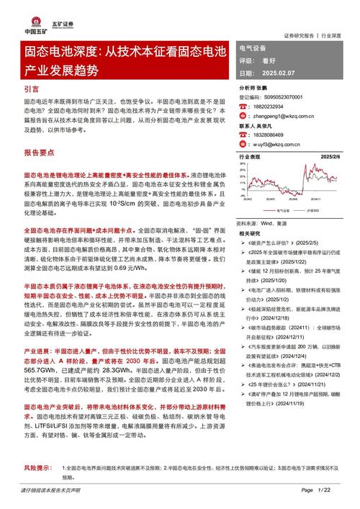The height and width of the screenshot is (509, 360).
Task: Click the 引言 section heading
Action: click(x=32, y=89)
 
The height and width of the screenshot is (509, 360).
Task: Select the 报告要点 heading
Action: click(x=40, y=153)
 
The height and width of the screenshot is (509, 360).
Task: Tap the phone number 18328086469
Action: click(x=271, y=134)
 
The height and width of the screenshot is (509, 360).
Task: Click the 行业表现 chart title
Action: click(x=250, y=157)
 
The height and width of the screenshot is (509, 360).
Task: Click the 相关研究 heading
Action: click(x=250, y=233)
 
